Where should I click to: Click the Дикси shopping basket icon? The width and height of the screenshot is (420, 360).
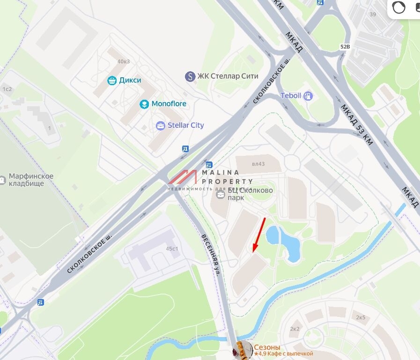tap(112, 81)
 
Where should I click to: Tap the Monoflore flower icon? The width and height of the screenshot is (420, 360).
tap(144, 104)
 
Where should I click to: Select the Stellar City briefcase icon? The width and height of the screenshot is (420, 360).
tap(161, 125)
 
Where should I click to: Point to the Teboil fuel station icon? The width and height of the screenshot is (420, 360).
tap(308, 96)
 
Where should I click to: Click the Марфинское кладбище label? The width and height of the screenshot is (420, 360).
tap(31, 180)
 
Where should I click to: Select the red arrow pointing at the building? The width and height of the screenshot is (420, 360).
tap(258, 235)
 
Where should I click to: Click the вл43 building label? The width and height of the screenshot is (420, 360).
tap(258, 164)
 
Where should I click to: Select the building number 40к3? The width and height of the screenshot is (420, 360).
tap(124, 61)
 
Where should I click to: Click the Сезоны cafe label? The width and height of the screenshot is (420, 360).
tap(267, 347)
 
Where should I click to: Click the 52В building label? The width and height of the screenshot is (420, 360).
tap(345, 47)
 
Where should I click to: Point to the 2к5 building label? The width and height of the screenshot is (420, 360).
tap(360, 317)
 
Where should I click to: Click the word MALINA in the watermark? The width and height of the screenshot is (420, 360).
tap(220, 172)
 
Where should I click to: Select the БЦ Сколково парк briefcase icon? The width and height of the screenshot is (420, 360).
tap(221, 194)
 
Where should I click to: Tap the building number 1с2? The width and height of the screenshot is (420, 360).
tap(7, 89)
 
